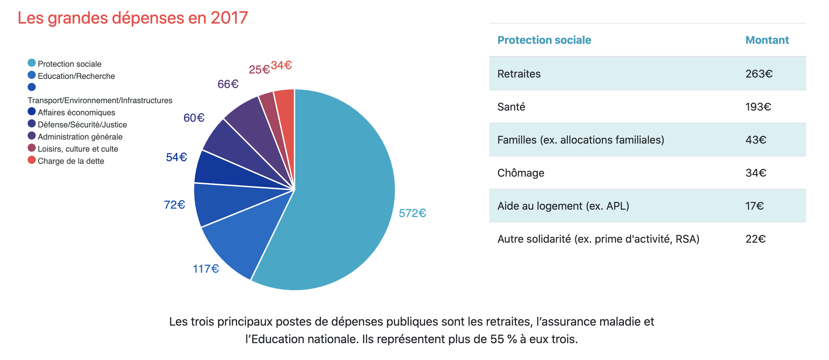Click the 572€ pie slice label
[412, 213]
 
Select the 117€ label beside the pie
[206, 269]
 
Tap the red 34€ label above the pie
[281, 65]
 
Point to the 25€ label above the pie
[259, 70]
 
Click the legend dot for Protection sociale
[32, 63]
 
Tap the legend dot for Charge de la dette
[32, 160]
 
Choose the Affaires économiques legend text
[76, 113]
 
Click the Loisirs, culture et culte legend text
[78, 149]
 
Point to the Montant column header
[767, 40]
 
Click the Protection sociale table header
[544, 40]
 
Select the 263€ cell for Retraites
[759, 74]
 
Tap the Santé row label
[511, 107]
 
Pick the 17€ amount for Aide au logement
[755, 206]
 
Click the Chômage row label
[521, 173]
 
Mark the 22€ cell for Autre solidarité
[756, 239]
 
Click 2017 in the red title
[229, 18]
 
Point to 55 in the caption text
[497, 339]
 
